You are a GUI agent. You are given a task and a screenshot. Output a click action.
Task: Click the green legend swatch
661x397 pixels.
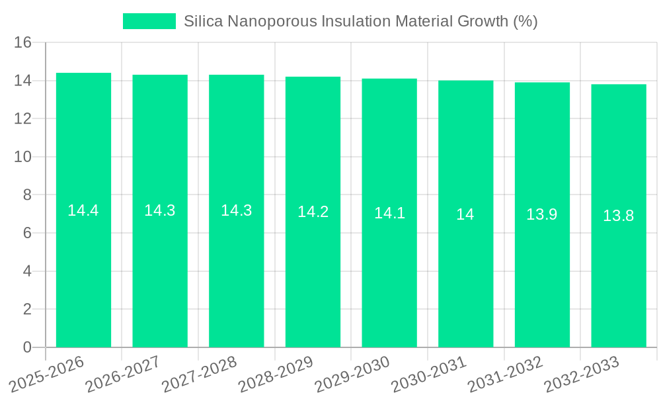[149, 21]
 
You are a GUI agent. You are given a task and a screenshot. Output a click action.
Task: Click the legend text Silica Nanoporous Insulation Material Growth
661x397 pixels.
[360, 21]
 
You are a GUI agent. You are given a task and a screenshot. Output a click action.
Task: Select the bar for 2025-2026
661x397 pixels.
[83, 265]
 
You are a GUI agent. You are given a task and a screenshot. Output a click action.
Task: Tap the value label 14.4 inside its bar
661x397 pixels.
[83, 210]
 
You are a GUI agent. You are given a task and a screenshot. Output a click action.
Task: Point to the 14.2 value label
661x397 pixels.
[313, 212]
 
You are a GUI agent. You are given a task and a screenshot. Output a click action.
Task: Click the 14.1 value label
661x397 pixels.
[389, 213]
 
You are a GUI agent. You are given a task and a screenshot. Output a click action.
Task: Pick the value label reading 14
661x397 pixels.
[465, 214]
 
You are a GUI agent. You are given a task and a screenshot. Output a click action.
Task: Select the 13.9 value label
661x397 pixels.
[542, 214]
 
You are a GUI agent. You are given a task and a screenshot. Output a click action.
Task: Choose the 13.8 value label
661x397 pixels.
[619, 216]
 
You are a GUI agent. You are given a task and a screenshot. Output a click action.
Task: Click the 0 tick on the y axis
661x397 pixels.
[27, 347]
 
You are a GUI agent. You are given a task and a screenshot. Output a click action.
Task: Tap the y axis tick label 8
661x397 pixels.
[27, 195]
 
